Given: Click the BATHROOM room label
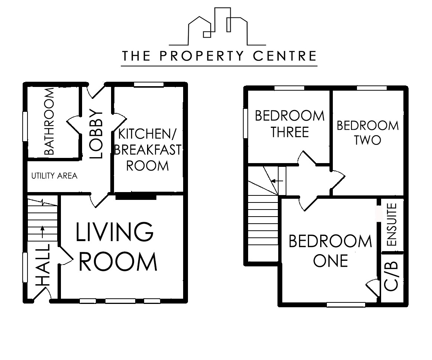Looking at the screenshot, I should [49, 122].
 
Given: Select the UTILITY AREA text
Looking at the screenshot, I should [54, 176].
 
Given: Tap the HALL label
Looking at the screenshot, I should [43, 265].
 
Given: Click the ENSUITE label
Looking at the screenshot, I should [392, 225].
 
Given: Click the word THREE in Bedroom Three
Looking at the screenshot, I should [290, 132].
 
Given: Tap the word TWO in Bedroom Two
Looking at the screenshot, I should [367, 140].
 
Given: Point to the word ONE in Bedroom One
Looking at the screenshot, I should [331, 260].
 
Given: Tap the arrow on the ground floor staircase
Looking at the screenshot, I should [42, 232].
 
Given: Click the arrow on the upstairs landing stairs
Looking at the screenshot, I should [277, 181].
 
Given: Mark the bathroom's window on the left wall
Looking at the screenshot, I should [25, 126].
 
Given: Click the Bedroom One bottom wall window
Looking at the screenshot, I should [345, 305].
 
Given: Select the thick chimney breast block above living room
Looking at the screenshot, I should [135, 197].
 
